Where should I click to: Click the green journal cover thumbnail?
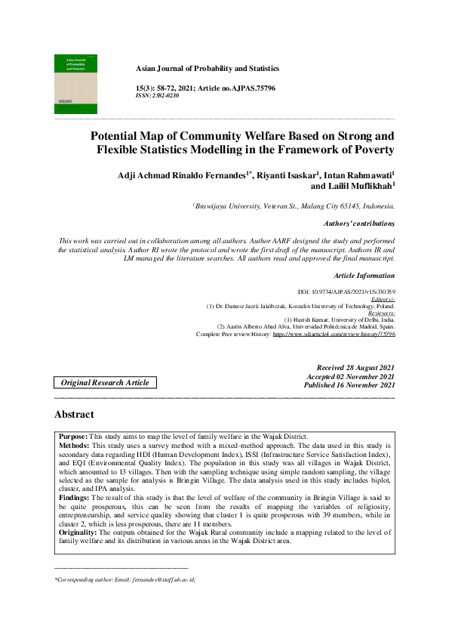click(x=75, y=83)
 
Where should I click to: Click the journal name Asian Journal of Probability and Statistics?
click(x=207, y=68)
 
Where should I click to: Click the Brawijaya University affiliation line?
click(x=294, y=205)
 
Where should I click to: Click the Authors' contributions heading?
click(x=358, y=224)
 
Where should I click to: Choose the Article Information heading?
click(x=364, y=276)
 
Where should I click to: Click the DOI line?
click(x=347, y=292)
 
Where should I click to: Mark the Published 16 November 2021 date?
click(x=349, y=384)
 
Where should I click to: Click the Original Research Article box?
click(x=105, y=383)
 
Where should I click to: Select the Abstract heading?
click(x=74, y=415)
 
